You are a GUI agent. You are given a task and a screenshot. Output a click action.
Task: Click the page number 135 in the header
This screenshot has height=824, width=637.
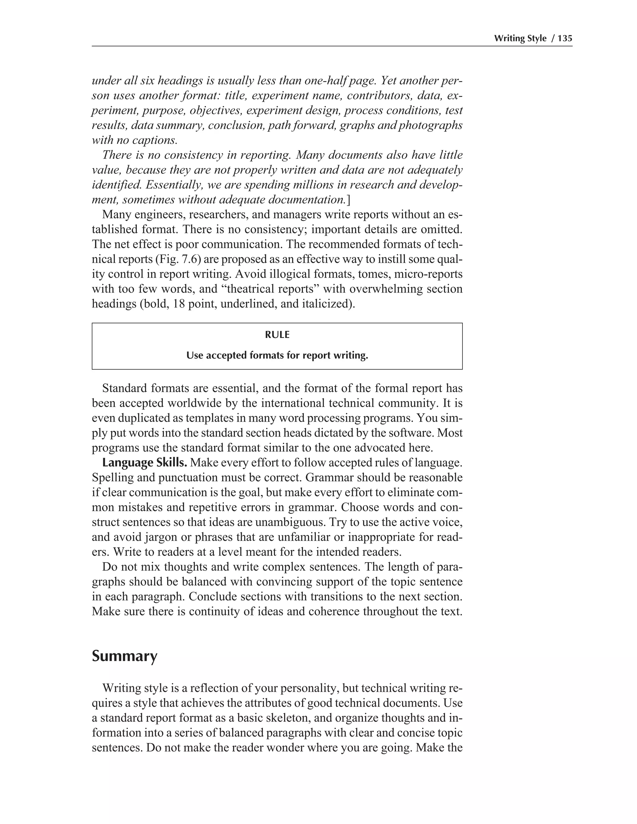pos(565,38)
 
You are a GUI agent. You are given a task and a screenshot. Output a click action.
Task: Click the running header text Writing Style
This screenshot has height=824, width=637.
pos(520,38)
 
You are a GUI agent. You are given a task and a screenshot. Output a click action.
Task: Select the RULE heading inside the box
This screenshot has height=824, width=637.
pos(277,335)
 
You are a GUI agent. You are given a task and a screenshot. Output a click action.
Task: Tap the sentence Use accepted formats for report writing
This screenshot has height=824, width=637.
pos(277,355)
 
